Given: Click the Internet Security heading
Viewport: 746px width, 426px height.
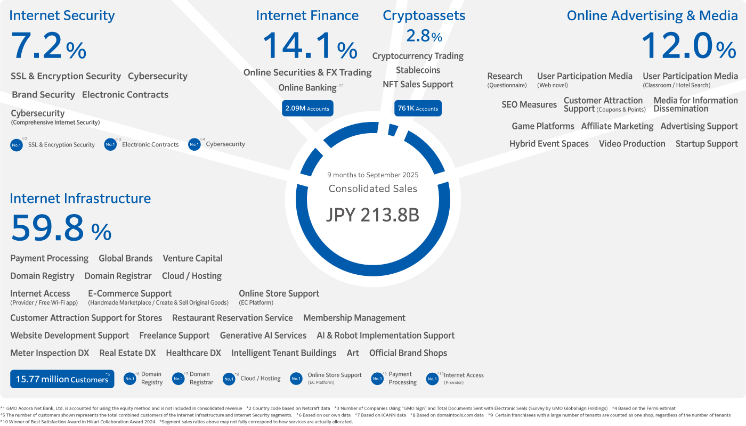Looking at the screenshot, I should click(62, 15).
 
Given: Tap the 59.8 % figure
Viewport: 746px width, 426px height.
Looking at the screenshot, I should click(61, 228).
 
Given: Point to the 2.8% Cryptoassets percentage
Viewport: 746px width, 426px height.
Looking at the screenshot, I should click(424, 36).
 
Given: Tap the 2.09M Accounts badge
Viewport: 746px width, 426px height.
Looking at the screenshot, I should click(307, 109).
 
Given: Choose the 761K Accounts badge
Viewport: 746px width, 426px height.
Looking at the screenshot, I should click(418, 109).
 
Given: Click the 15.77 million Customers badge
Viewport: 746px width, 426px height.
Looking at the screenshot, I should click(62, 379).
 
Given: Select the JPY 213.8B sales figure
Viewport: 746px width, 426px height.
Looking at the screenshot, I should click(372, 215).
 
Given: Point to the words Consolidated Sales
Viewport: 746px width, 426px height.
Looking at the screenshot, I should click(372, 189).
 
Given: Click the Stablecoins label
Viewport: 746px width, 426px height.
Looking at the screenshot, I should click(418, 70).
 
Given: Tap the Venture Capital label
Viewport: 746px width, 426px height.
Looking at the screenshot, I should click(192, 258).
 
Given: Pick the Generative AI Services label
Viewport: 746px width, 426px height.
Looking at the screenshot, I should click(263, 335).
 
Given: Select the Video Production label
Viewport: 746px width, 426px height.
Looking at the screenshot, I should click(632, 144).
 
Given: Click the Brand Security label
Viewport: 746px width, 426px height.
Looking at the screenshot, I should click(43, 95).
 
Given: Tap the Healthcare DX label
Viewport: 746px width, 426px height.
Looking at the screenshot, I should click(193, 353).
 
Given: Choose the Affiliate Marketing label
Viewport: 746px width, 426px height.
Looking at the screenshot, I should click(617, 126).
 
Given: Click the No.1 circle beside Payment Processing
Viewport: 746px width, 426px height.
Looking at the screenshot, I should click(377, 379).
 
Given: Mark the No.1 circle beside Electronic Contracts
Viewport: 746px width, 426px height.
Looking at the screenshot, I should click(110, 144).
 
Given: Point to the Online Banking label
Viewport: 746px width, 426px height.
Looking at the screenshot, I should click(307, 87).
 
